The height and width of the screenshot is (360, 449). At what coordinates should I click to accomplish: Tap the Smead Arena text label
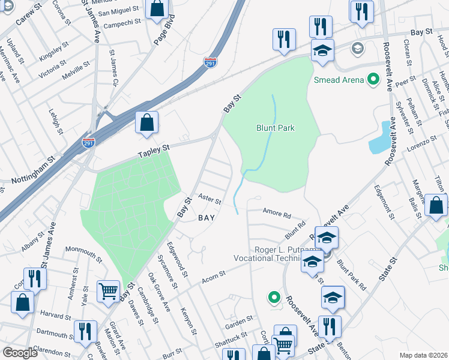point(339,80)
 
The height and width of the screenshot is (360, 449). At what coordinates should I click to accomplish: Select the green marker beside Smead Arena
point(373,79)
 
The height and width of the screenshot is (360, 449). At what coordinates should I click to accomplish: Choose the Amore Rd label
point(277,212)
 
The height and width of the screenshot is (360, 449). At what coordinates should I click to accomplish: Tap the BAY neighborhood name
point(206,218)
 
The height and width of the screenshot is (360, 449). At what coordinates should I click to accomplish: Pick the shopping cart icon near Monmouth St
point(109,292)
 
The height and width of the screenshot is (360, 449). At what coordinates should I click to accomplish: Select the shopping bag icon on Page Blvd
point(157,9)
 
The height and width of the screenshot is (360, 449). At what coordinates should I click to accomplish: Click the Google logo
point(20,353)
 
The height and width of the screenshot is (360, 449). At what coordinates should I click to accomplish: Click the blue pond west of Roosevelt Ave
point(380,139)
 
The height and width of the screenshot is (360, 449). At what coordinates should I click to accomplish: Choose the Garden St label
point(236,325)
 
